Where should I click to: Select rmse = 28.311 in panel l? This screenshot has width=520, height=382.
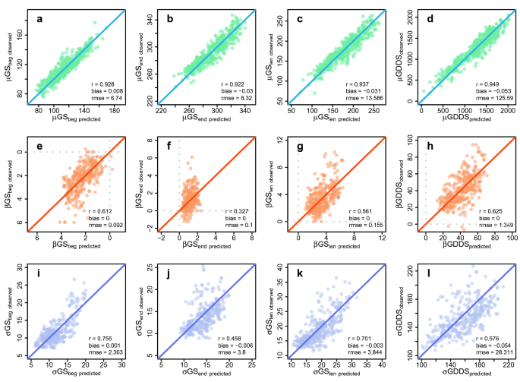point(490,351)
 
